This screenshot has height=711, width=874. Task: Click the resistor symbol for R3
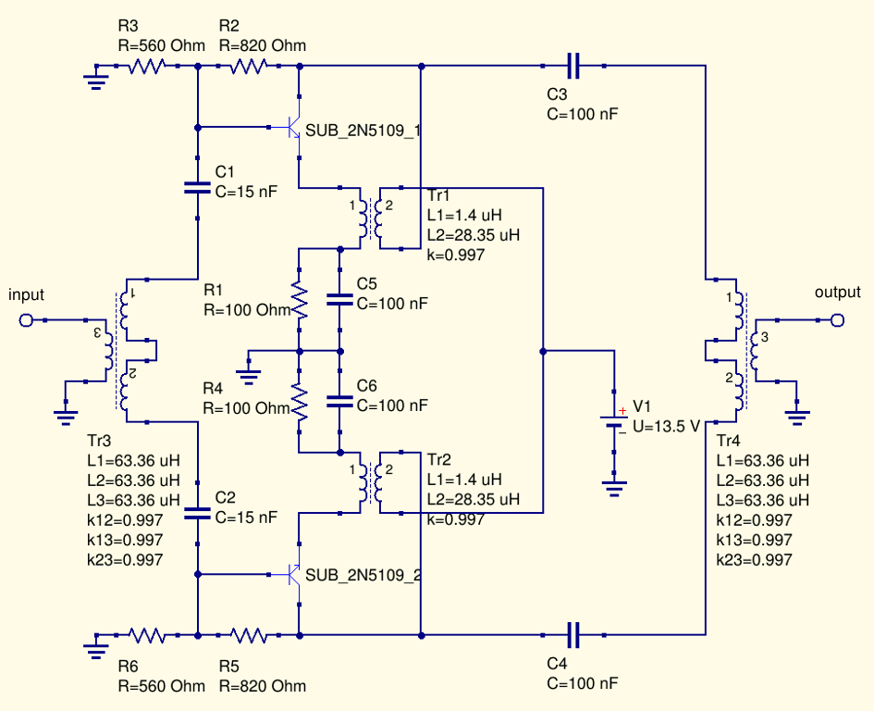point(147,66)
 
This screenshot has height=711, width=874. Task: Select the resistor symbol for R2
point(249,66)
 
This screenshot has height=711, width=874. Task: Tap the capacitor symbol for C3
point(573,66)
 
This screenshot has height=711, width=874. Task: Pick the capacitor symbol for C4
point(573,635)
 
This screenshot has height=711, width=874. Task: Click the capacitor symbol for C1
point(198,187)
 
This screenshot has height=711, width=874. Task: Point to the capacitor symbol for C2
point(198,512)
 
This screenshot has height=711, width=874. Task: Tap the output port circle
point(837,320)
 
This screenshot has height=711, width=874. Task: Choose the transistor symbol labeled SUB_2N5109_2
point(294,574)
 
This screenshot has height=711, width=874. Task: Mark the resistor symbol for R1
point(299,300)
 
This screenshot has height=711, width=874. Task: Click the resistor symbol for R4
point(299,402)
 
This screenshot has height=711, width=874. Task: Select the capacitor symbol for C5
point(340,300)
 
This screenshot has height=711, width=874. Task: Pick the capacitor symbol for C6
point(340,402)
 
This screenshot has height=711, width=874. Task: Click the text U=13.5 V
point(663,426)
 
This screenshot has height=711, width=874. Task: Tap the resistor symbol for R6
point(147,635)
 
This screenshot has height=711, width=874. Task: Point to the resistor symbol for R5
point(249,635)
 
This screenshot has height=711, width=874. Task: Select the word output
point(837,293)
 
